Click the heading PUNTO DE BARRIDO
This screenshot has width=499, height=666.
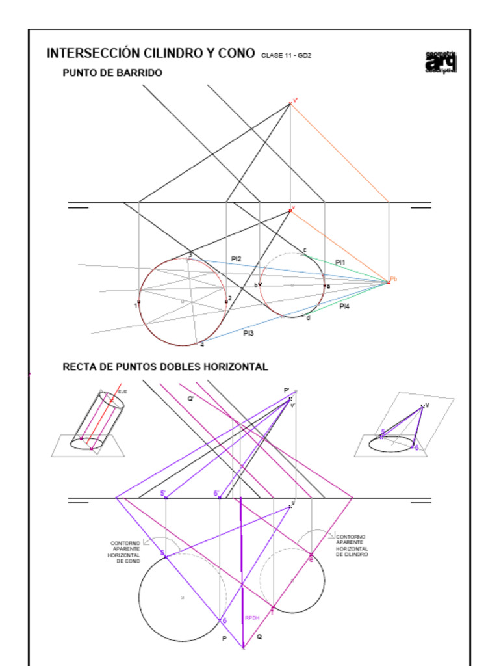[x=112, y=73]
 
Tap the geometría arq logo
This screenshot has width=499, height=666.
[x=441, y=62]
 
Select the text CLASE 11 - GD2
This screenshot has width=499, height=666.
[x=286, y=55]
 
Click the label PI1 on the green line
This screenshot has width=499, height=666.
[x=340, y=262]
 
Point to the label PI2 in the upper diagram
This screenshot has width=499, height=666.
[x=236, y=259]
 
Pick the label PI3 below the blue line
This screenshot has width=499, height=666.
[x=248, y=333]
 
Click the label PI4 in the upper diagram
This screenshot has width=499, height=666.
[x=344, y=306]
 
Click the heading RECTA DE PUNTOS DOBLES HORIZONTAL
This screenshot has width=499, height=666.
[x=165, y=367]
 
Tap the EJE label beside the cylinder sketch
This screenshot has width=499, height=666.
[x=122, y=392]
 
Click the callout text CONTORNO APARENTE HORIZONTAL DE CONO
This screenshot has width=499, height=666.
[x=125, y=552]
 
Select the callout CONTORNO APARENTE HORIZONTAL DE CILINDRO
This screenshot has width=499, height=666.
[x=352, y=546]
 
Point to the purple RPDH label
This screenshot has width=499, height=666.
[x=252, y=617]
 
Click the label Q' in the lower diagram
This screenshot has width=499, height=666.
[x=191, y=399]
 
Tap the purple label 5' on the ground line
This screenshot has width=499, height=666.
[x=163, y=494]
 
